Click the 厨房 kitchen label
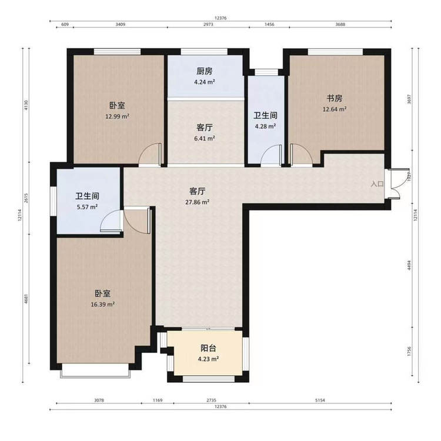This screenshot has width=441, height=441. (205, 71)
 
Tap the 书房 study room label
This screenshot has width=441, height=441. (335, 98)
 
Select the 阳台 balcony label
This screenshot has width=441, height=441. (208, 348)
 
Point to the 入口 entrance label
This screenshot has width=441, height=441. (377, 184)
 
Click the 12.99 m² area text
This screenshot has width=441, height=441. (117, 116)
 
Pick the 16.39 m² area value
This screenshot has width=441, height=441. (103, 305)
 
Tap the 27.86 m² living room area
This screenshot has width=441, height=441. (197, 202)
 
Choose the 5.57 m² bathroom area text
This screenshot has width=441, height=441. (87, 207)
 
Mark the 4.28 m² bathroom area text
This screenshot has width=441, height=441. (265, 126)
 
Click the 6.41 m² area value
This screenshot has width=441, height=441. (205, 138)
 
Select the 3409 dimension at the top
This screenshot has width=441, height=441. (121, 25)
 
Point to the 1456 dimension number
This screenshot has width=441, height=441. (269, 25)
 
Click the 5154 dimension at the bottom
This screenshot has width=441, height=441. (320, 400)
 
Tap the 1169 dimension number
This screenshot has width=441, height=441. (158, 400)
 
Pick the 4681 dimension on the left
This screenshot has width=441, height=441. (26, 299)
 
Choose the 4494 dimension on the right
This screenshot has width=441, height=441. (409, 265)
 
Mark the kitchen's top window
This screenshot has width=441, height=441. (204, 52)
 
